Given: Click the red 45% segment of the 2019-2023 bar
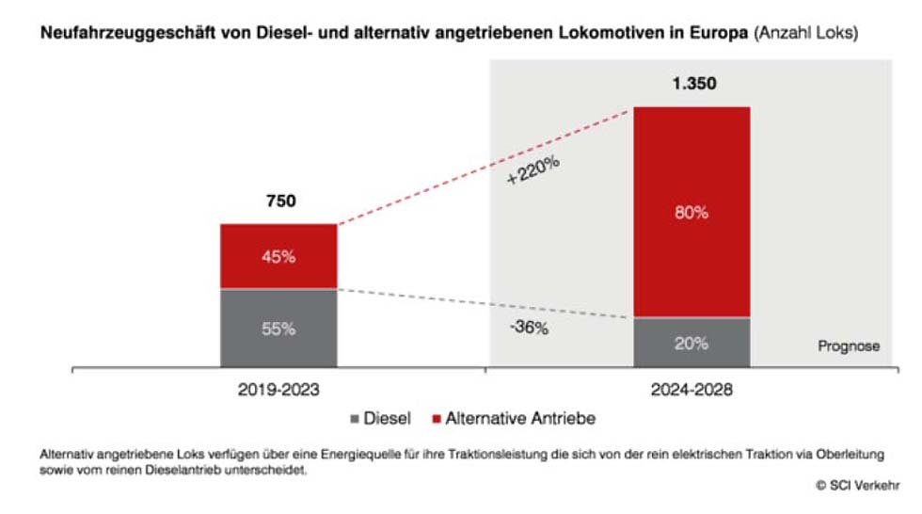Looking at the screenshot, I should pos(278,255).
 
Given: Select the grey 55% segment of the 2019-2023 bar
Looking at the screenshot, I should pos(278,328).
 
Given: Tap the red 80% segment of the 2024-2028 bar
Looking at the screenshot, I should pos(691,212).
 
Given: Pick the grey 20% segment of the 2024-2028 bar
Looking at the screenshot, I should pos(691,343).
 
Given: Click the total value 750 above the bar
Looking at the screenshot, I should pos(279,201).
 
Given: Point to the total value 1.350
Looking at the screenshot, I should pos(693,83).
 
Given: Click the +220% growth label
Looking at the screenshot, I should pos(533,170).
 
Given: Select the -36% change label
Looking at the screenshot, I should pos(528,329).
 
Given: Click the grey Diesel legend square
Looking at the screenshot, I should pos(355,417).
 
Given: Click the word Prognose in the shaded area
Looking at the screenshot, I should pos(848,345).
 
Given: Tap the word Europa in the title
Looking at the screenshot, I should pos(721,33).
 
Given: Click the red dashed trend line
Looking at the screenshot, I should pos(485,167).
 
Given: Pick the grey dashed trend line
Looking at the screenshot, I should pos(485,304).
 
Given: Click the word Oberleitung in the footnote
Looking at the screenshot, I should pos(851,455).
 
